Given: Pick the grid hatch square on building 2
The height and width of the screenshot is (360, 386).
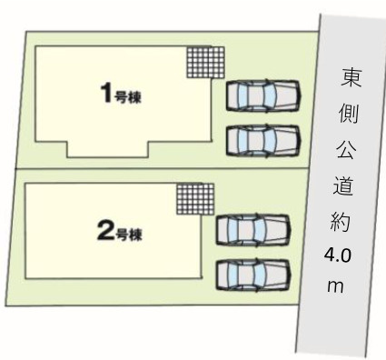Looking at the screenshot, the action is (195, 200).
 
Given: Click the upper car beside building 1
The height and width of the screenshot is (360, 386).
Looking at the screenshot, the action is (263, 95).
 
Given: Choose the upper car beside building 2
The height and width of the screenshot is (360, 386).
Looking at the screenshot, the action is (252, 229).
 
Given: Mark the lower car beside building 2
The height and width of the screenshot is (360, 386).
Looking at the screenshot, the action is (252, 272).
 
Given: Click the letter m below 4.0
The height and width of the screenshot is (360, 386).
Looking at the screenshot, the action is (336, 286).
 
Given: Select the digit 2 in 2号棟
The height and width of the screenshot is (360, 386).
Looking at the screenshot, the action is (103, 231).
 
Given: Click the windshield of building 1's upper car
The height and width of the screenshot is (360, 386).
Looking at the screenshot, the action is (271, 95).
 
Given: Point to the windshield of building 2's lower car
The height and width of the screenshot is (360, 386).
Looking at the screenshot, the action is (259, 272).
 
